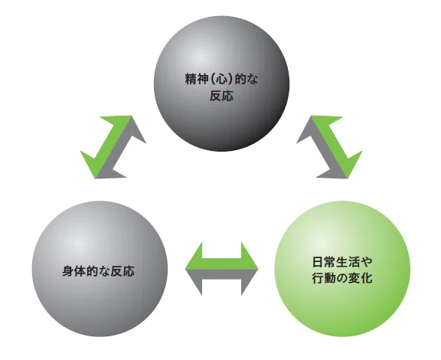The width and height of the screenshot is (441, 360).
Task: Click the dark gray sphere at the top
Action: pos(221,83)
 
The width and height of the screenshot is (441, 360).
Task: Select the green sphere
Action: pos(342,269)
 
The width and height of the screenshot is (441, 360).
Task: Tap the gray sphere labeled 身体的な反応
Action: pos(100,269)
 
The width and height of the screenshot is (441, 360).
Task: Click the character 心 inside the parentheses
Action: pos(221,80)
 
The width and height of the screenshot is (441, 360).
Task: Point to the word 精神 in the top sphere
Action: pos(197,80)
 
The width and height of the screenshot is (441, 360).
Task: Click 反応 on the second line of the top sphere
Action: pos(221,96)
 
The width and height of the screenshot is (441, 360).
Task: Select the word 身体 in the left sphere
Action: pos(74,271)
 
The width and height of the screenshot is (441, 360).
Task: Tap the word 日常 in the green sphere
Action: pos(324,262)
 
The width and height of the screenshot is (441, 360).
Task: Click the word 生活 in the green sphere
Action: pos(348,262)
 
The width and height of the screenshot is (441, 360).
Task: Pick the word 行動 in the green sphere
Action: pos(324,278)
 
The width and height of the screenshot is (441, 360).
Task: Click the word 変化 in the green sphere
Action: pos(361,278)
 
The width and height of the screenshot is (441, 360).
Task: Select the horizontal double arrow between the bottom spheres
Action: pos(221,269)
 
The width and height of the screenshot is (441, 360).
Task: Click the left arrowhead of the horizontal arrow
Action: pos(194,269)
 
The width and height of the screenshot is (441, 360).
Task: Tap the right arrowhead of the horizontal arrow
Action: pos(250,269)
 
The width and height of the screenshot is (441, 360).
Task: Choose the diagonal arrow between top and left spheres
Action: pos(113,147)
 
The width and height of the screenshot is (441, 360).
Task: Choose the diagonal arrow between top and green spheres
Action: pos(329,147)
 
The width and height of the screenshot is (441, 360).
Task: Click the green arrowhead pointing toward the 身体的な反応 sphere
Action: pos(91,164)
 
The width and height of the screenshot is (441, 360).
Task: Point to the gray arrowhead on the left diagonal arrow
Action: pos(132,129)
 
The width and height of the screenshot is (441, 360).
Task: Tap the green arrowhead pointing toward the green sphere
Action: pos(351,165)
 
